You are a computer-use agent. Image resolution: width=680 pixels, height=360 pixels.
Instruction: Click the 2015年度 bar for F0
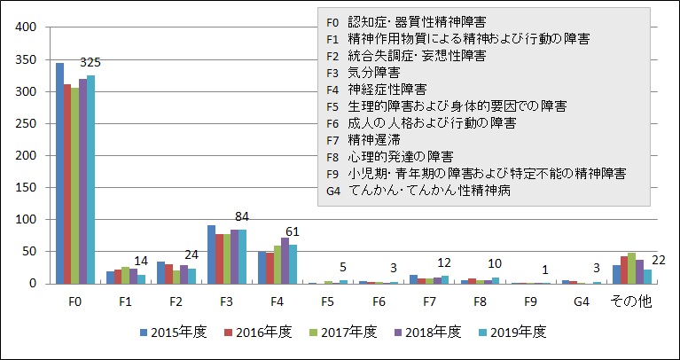tap(59, 174)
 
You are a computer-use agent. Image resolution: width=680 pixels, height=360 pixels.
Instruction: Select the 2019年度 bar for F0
tap(90, 180)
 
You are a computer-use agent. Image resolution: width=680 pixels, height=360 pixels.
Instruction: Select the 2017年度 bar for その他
tap(631, 269)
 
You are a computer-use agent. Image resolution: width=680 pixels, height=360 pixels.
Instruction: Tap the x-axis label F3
tap(227, 301)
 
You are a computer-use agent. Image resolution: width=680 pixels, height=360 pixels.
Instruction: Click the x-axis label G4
tap(581, 301)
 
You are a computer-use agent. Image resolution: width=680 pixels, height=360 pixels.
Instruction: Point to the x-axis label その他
tap(631, 301)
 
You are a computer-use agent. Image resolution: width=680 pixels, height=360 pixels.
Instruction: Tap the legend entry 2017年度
tap(347, 332)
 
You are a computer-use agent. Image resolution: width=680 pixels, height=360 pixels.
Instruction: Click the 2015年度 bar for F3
tap(211, 254)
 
